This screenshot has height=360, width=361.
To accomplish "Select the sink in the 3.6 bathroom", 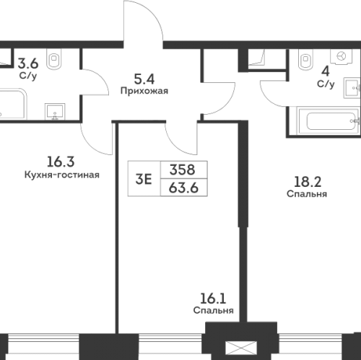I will tap(53, 110).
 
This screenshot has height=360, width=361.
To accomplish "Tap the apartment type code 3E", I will tap(144, 180).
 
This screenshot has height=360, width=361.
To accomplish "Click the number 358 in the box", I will tap(183, 172).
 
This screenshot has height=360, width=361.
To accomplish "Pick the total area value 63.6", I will tap(183, 190).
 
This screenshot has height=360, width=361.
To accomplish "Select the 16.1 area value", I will tap(213, 298).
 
